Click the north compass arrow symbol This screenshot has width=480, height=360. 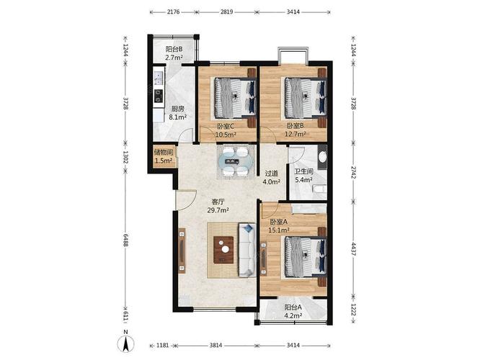point(125,343)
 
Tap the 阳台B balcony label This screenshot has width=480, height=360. point(174,49)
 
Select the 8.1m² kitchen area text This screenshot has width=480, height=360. point(178,117)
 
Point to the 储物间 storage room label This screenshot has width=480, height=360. point(164,152)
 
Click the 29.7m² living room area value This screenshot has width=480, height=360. point(218,210)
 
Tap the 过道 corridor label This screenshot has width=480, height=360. point(272,174)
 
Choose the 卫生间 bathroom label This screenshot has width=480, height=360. point(303,172)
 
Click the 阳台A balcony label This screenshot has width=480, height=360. point(293,307)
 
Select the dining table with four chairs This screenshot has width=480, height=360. point(236,161)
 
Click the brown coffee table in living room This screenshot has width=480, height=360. point(223,250)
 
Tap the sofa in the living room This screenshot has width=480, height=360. point(247,250)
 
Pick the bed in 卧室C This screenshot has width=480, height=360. point(235,98)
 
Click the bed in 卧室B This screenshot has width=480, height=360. point(306,98)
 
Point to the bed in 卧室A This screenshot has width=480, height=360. point(306,256)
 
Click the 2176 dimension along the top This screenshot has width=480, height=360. point(173,12)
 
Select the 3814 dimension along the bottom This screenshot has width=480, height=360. point(215,346)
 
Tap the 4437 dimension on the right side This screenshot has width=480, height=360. point(354,250)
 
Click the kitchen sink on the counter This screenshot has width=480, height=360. point(159,78)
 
